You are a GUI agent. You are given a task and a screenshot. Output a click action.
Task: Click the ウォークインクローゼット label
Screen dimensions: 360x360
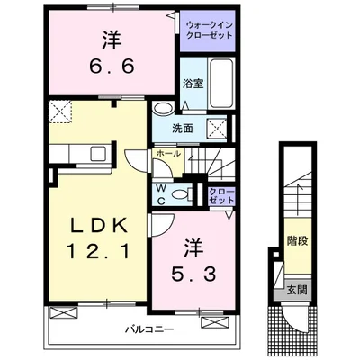(x=209, y=31)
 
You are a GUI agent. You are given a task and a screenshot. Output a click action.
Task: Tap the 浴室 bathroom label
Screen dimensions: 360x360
(x=193, y=84)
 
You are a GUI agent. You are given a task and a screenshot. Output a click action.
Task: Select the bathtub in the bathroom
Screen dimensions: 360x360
(x=221, y=83)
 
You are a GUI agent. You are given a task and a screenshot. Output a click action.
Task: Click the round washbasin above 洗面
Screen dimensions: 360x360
(x=163, y=108)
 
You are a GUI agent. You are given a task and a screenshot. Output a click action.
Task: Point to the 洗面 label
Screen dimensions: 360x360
(x=182, y=129)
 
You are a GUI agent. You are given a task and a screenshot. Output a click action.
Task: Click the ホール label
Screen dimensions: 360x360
(x=168, y=154)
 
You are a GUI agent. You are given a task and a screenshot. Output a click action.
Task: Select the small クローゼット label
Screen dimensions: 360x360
(x=221, y=196)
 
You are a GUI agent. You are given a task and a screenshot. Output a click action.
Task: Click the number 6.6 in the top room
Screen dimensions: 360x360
(x=112, y=67)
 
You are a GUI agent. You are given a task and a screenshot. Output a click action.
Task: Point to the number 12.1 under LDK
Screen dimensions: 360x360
(x=98, y=251)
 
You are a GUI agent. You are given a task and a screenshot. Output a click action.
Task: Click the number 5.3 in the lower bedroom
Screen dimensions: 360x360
(x=193, y=274)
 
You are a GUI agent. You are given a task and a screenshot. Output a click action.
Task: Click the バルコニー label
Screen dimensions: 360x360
(x=149, y=329)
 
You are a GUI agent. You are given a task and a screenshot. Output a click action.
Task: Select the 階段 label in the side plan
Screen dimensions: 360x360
(x=298, y=241)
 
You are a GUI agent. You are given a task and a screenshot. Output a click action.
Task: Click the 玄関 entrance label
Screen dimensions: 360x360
(x=297, y=290)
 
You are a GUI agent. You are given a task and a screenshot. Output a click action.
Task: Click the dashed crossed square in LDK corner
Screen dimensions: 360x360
(x=60, y=112)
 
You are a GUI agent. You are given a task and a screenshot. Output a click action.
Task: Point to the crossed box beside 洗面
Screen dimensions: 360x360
(x=218, y=129)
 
